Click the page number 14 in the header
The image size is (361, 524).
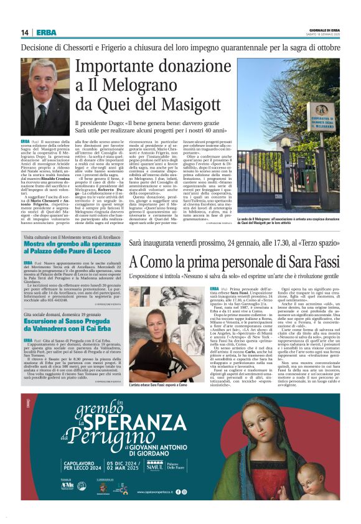25,32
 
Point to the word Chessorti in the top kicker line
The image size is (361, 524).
91,47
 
